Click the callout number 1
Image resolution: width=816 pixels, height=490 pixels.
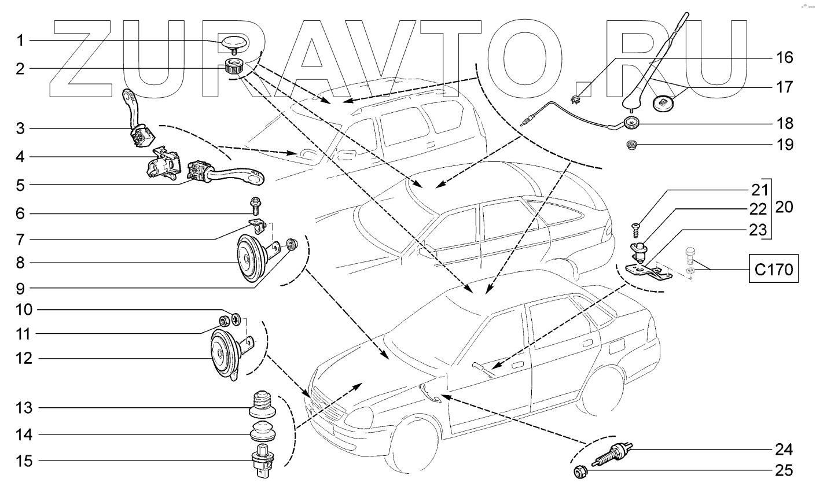click(x=20, y=40)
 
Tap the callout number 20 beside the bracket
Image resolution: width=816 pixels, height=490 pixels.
click(x=785, y=207)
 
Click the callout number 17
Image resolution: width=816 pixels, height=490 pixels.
click(x=785, y=87)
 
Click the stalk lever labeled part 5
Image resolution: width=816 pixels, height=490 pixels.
click(x=226, y=174)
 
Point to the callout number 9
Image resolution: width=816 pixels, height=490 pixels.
click(x=20, y=287)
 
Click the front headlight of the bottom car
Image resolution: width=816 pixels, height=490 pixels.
click(x=357, y=415)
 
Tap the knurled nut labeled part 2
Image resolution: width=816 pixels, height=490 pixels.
click(x=234, y=67)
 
